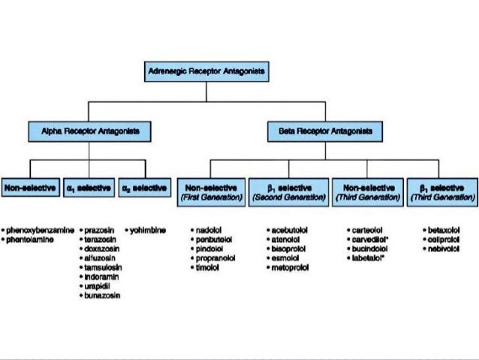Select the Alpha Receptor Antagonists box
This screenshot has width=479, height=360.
[89, 132]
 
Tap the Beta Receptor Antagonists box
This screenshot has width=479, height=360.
[324, 132]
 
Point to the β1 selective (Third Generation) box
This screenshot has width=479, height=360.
[441, 191]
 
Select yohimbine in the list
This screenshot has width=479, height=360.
[147, 227]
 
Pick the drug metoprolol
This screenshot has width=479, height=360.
[291, 267]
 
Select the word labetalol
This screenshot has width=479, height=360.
[368, 257]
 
